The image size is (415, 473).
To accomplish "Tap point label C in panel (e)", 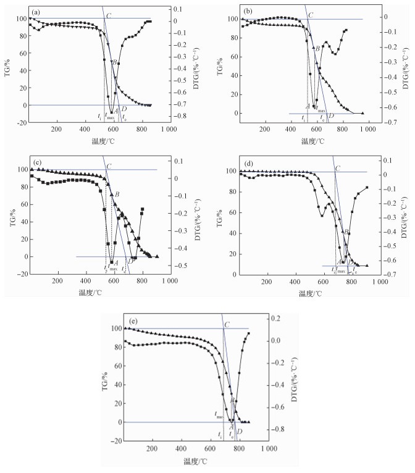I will pos(227,324).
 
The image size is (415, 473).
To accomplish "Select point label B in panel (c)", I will pos(117,195).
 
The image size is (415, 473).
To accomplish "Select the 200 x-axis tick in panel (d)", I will pos(266,282).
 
